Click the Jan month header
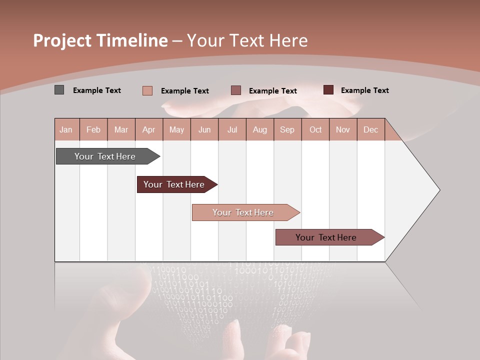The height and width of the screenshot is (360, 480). (x=66, y=129)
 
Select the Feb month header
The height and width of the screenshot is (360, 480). (x=93, y=129)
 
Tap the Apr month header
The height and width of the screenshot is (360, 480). (x=148, y=129)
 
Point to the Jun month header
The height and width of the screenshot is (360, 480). (x=204, y=129)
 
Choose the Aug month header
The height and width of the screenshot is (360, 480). (x=259, y=129)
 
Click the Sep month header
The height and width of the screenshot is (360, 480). (x=287, y=129)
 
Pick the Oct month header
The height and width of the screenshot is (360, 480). (x=315, y=129)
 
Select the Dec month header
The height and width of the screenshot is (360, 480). (x=370, y=129)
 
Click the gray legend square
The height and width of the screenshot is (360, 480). (x=59, y=90)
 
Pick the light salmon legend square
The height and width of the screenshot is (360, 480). (x=147, y=90)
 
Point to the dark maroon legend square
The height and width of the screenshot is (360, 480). (x=328, y=90)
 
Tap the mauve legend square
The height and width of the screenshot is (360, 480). (x=236, y=90)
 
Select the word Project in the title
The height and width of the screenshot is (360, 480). (x=61, y=40)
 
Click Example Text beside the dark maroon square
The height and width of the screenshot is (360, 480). (x=364, y=90)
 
